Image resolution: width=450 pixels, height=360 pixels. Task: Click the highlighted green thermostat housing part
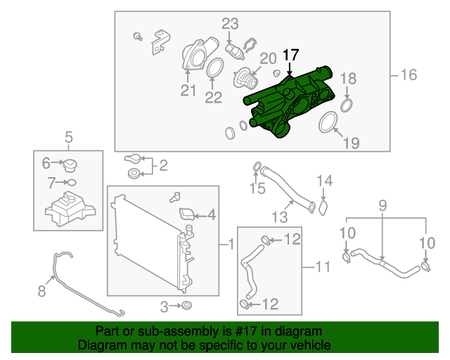(288, 105)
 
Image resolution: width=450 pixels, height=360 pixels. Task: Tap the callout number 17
(290, 54)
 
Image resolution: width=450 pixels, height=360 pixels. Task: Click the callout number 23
(231, 25)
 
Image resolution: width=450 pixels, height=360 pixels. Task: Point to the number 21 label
(188, 90)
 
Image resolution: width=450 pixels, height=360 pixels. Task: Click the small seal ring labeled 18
(346, 105)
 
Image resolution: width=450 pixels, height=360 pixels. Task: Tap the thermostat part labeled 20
(247, 77)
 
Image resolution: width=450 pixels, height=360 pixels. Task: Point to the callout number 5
(69, 136)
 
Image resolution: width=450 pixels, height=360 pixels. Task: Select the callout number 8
(41, 290)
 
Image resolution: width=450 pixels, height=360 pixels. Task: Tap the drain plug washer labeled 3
(187, 306)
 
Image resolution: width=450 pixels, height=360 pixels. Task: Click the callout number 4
(211, 214)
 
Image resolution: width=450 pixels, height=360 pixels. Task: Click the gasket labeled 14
(323, 207)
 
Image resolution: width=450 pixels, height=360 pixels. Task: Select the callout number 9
(383, 206)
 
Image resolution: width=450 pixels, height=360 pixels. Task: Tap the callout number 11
(323, 266)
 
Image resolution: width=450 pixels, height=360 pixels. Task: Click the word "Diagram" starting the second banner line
(101, 345)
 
